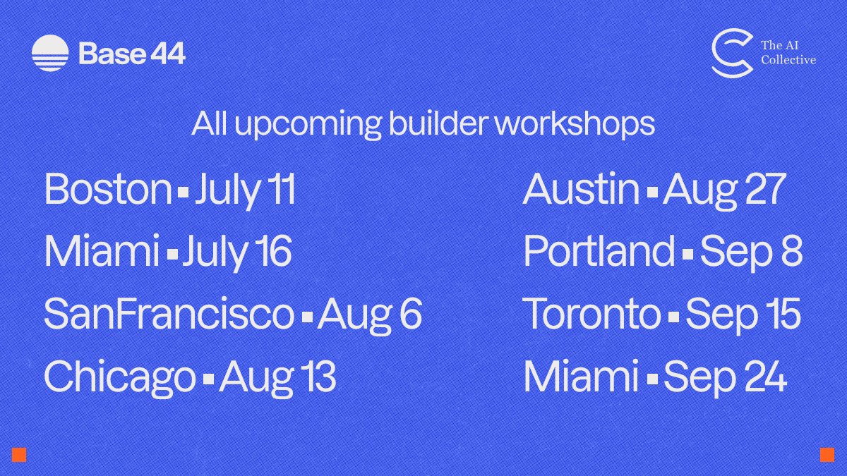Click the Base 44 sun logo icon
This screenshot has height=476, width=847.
click(x=50, y=54)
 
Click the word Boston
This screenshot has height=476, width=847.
click(x=108, y=188)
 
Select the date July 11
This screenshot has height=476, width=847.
click(x=245, y=191)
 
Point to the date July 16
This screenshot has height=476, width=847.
click(x=237, y=252)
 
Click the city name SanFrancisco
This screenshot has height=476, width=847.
click(x=169, y=314)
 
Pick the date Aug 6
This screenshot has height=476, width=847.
click(x=369, y=316)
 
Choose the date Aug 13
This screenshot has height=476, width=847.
click(x=277, y=379)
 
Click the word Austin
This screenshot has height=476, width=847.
click(x=581, y=189)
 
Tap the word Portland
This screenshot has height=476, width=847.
click(x=599, y=251)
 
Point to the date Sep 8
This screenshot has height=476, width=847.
click(x=751, y=252)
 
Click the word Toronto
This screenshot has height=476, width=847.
click(x=591, y=314)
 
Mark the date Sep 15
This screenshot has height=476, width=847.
click(x=743, y=316)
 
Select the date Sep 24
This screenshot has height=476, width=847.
click(x=726, y=378)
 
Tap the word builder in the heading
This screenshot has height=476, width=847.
click(x=438, y=123)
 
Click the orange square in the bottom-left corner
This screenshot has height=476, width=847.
click(x=19, y=454)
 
